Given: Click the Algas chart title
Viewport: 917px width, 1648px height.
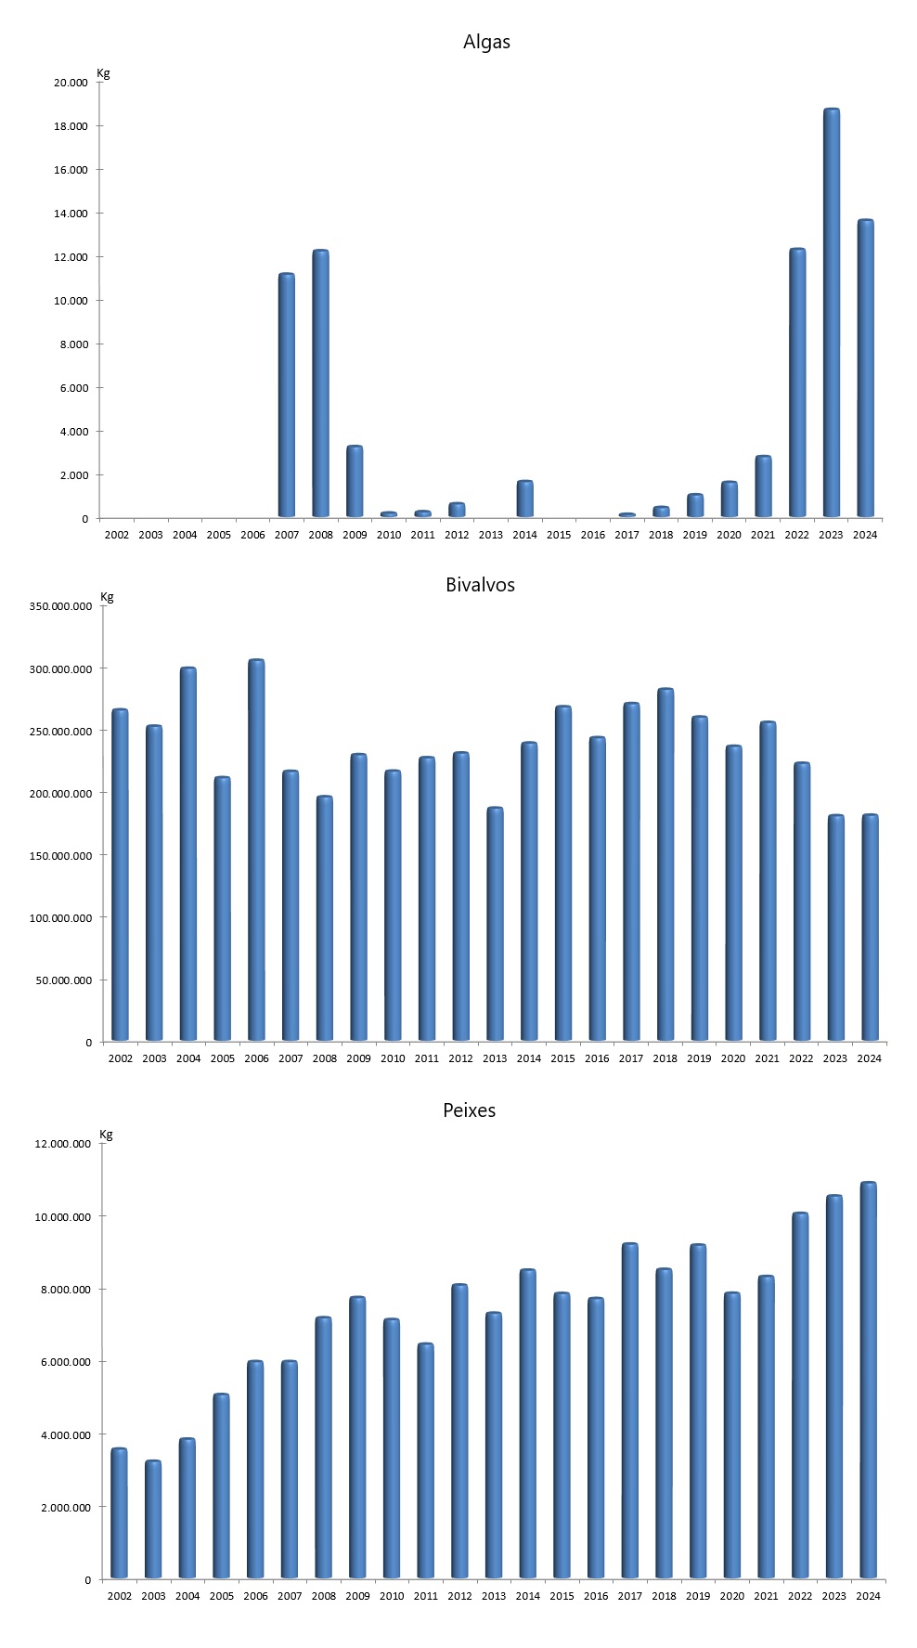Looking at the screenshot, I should pos(486,42).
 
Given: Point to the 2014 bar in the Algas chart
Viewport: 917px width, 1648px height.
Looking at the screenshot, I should pos(524,499).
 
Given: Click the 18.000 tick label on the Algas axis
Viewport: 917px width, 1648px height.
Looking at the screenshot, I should pos(71,126).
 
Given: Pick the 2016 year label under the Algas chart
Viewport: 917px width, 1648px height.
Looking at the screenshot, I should pos(593,535).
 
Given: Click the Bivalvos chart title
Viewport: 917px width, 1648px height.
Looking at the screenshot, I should pos(480,585).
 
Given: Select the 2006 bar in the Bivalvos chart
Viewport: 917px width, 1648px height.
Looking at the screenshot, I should pos(256,850).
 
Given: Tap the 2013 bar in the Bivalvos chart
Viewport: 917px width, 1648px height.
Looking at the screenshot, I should pos(495,924).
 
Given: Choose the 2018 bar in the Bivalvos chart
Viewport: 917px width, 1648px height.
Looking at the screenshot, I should pos(665,864).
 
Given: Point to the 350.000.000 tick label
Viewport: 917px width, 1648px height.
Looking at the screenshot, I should pos(61,606).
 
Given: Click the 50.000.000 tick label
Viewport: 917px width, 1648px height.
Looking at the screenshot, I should pos(65,980).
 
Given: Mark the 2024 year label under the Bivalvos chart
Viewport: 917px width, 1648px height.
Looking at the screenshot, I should pos(869,1058).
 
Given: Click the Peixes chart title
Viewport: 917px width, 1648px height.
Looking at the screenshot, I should pos(469,1110).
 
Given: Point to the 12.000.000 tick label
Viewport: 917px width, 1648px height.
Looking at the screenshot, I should pos(63,1144).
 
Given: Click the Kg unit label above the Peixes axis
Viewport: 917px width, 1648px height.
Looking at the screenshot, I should pos(106,1135).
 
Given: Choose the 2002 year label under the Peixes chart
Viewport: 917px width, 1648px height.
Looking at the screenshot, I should pos(119,1596).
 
